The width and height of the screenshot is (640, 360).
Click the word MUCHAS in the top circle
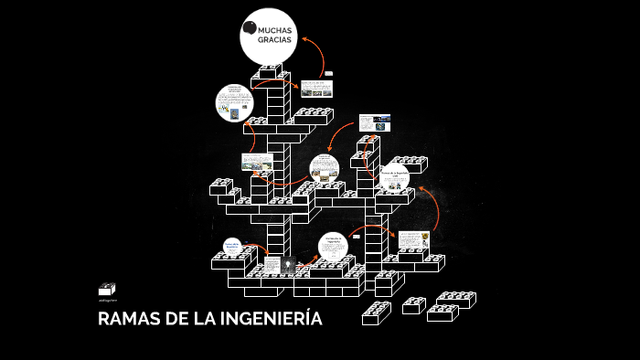pyautogui.click(x=275, y=31)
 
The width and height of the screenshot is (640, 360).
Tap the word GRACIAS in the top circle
pyautogui.click(x=274, y=43)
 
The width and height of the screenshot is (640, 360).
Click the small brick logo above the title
pyautogui.click(x=107, y=289)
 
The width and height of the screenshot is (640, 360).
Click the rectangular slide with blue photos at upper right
pyautogui.click(x=374, y=122)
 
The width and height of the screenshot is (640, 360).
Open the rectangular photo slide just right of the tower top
pyautogui.click(x=317, y=88)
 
